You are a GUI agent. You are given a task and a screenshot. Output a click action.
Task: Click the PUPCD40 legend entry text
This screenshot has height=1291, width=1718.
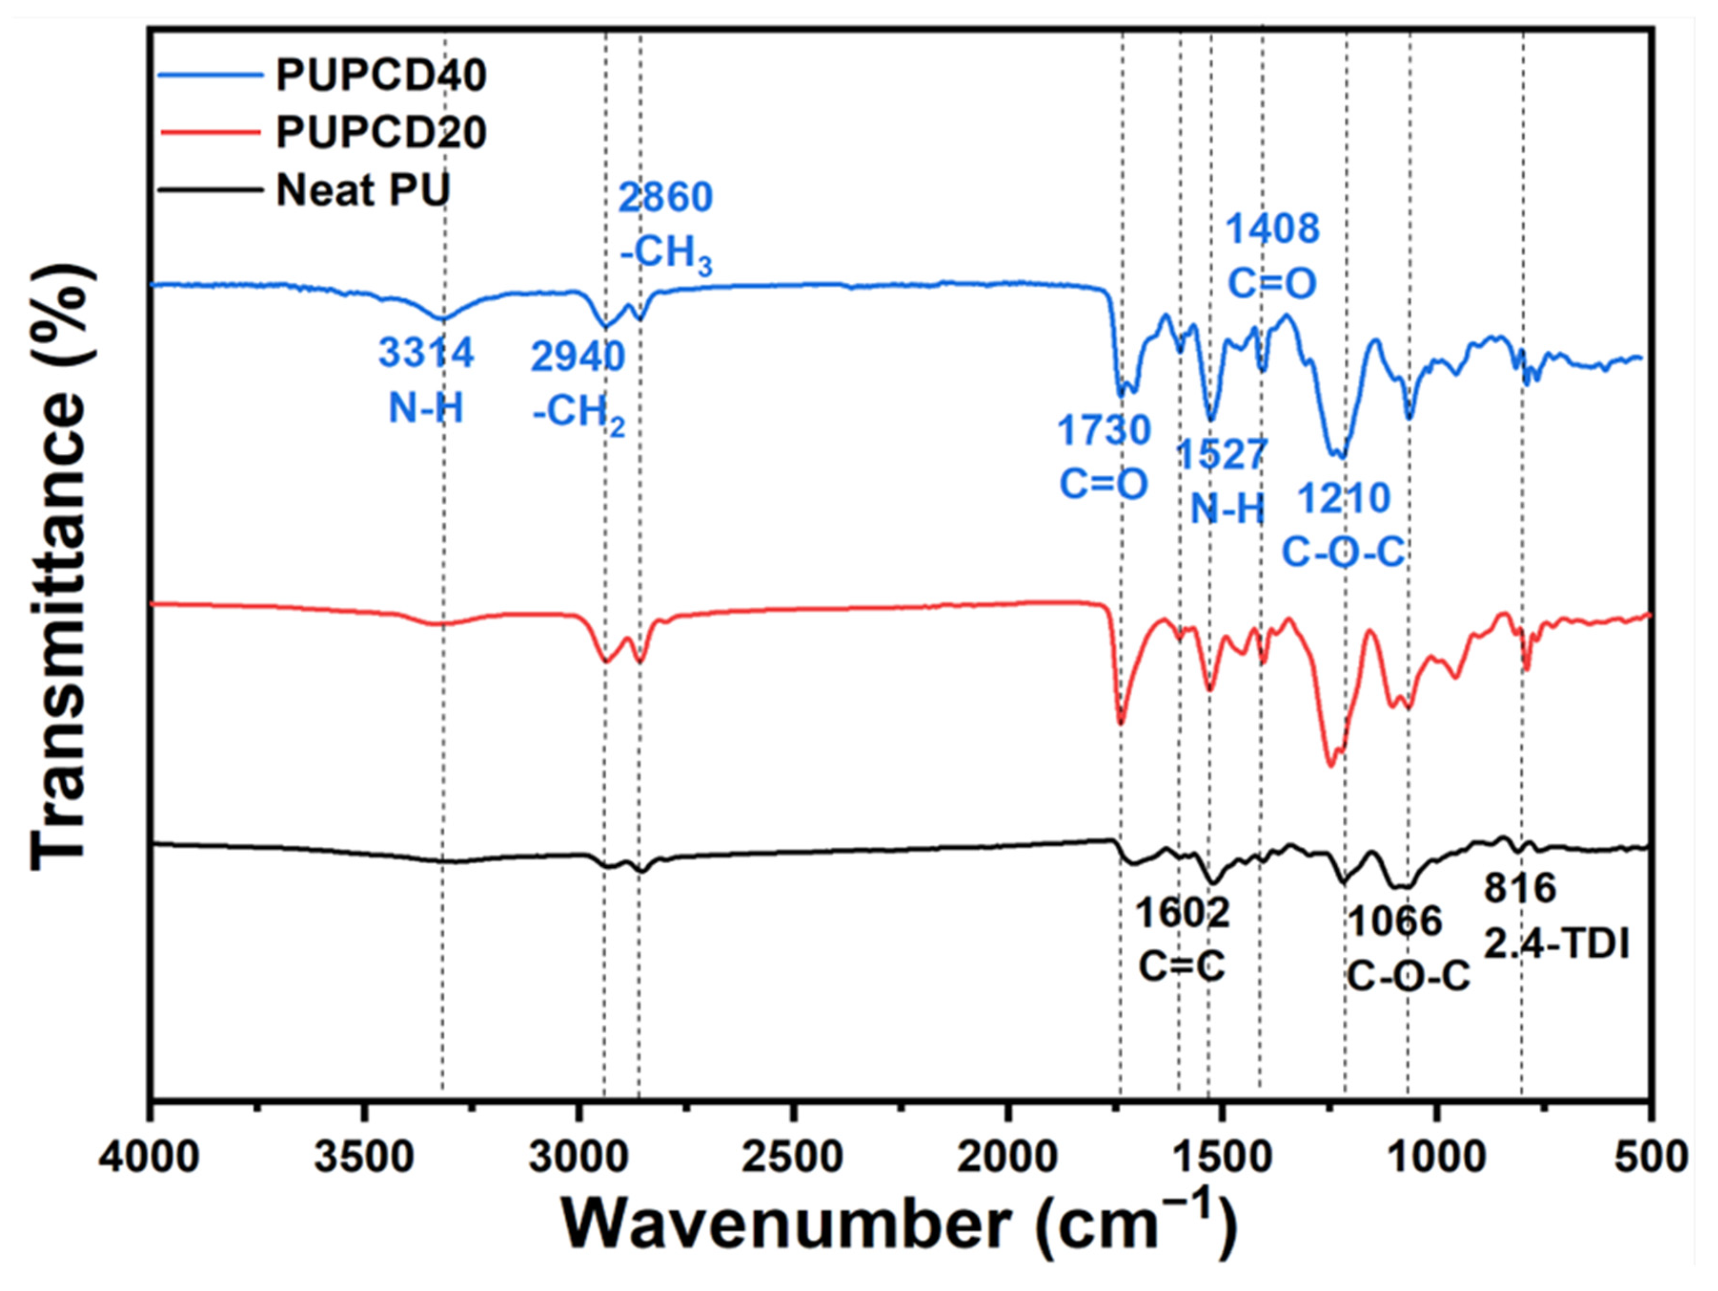coord(381,75)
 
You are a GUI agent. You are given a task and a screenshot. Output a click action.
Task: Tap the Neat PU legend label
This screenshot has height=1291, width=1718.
coord(363,190)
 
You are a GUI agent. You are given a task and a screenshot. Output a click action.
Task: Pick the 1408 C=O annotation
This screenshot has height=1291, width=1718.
coord(1272,256)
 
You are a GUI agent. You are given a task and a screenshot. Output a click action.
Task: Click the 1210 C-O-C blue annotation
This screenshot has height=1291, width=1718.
coord(1344,525)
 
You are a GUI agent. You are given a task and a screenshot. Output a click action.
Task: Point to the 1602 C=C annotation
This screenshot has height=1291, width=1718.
coord(1183,939)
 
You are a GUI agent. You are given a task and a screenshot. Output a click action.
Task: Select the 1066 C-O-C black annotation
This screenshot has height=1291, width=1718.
coord(1407,948)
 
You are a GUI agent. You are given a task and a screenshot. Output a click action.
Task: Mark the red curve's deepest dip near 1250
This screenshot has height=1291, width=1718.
coord(1331,765)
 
